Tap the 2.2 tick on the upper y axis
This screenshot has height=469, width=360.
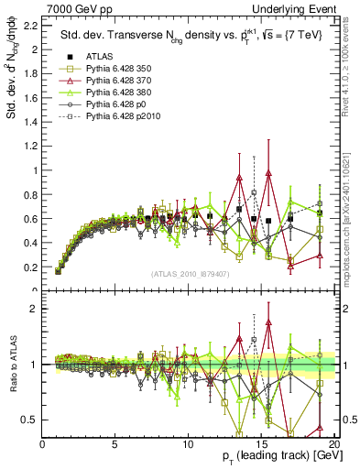pos(31,25)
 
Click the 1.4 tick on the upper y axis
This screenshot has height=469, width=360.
pos(31,122)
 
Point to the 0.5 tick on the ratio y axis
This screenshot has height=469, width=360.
pos(31,420)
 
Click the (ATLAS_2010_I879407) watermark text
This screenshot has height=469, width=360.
pos(189,274)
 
